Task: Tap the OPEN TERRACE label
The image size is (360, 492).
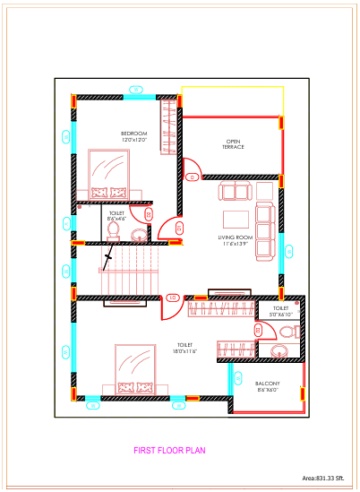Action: pyautogui.click(x=234, y=143)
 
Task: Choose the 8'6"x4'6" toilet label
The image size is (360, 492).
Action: pyautogui.click(x=116, y=215)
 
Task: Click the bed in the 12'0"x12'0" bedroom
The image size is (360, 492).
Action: pyautogui.click(x=111, y=175)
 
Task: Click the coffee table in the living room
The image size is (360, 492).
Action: pyautogui.click(x=236, y=219)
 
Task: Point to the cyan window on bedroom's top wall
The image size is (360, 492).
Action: pyautogui.click(x=135, y=91)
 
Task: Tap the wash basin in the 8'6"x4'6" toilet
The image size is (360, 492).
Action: pyautogui.click(x=139, y=236)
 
